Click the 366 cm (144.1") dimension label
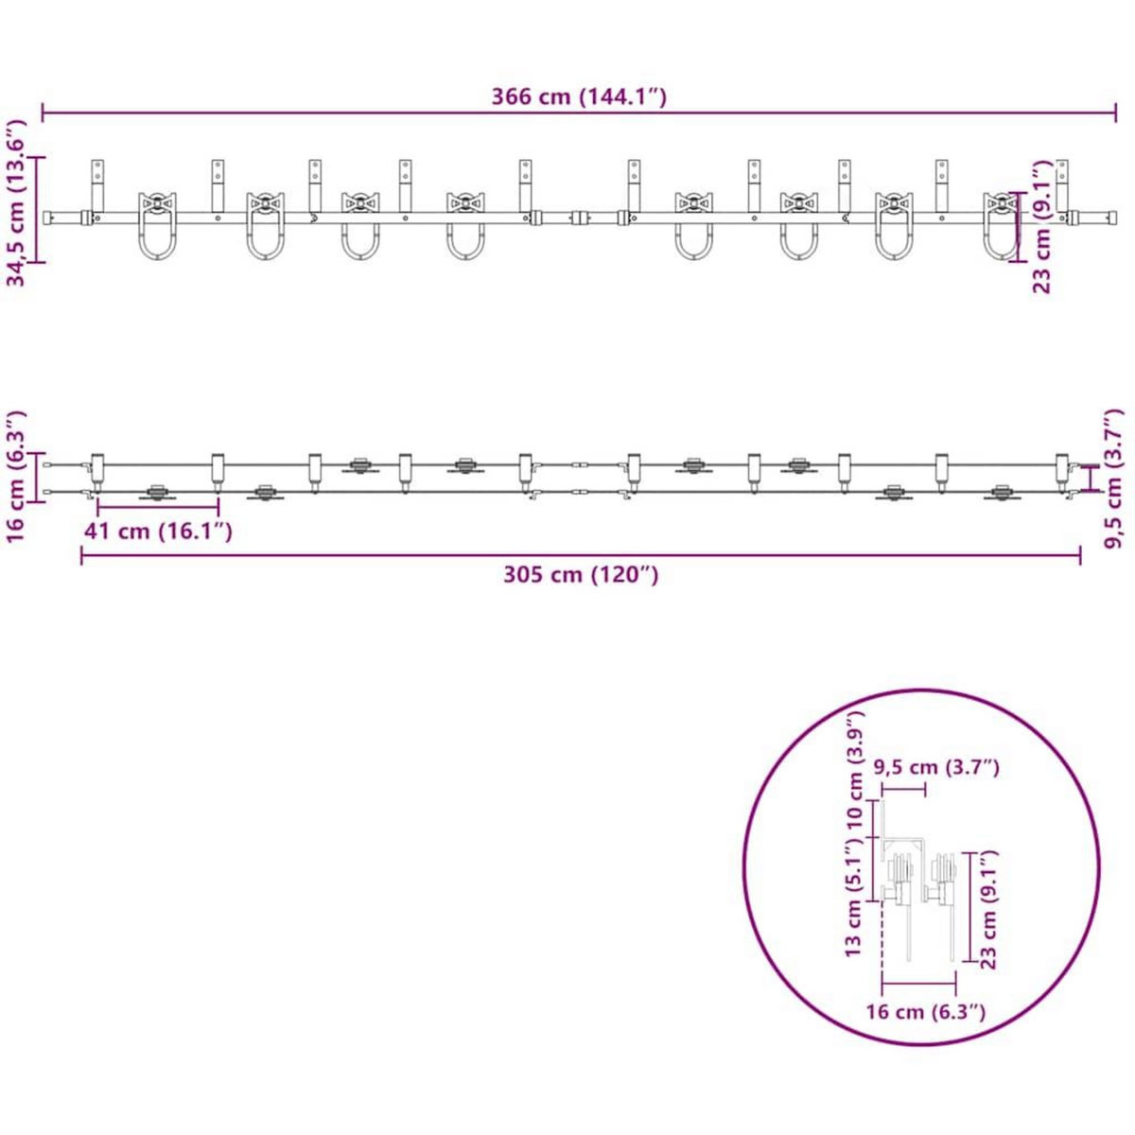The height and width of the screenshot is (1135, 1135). [x=579, y=96]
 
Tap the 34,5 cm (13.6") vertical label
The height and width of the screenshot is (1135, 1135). [x=17, y=203]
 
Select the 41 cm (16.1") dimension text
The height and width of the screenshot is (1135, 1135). [x=158, y=532]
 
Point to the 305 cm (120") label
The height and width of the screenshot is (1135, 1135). [x=581, y=574]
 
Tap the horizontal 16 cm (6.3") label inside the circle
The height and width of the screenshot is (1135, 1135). [x=925, y=1012]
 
